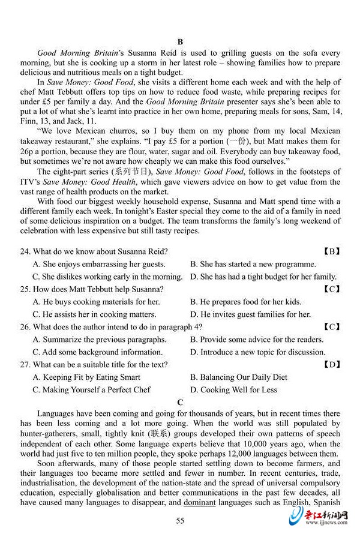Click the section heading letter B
point(179,41)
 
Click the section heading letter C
point(179,401)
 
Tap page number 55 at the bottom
point(180,520)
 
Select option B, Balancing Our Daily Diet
point(238,377)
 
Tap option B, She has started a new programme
point(253,264)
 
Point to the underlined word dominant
point(200,502)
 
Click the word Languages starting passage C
point(57,414)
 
